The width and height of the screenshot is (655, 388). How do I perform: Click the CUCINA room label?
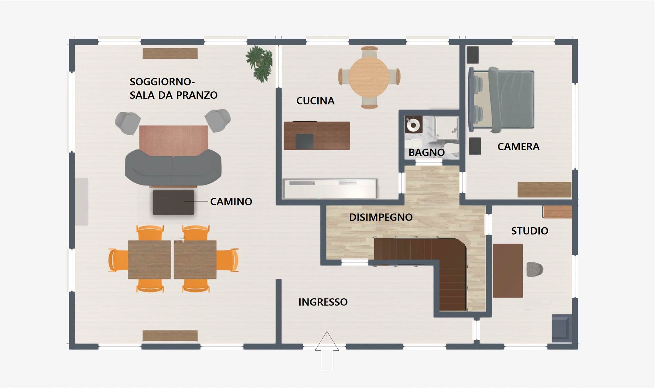click(x=315, y=101)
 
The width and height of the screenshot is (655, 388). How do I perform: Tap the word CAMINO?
click(x=231, y=202)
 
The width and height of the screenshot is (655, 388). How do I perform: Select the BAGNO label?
click(x=426, y=152)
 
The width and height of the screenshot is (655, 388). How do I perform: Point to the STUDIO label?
click(x=530, y=231)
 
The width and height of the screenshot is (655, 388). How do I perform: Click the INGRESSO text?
click(x=323, y=302)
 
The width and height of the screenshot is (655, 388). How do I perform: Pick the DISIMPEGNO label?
click(x=381, y=217)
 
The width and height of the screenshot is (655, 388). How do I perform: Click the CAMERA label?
click(x=518, y=146)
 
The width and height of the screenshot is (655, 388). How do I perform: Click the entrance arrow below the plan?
click(x=327, y=351)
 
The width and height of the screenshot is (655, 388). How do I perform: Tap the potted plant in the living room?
click(x=259, y=64)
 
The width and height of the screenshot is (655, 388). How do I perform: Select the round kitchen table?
click(x=369, y=77)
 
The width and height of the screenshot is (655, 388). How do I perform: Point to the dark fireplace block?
click(x=173, y=203)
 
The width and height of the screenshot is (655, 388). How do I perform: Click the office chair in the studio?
click(x=534, y=269)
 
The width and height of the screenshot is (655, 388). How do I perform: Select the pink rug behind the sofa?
click(x=174, y=140)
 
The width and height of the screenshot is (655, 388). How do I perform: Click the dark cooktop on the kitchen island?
click(x=304, y=141)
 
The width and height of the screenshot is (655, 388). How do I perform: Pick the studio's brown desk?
click(x=508, y=271)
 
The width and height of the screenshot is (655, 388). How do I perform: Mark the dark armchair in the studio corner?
click(x=562, y=328)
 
